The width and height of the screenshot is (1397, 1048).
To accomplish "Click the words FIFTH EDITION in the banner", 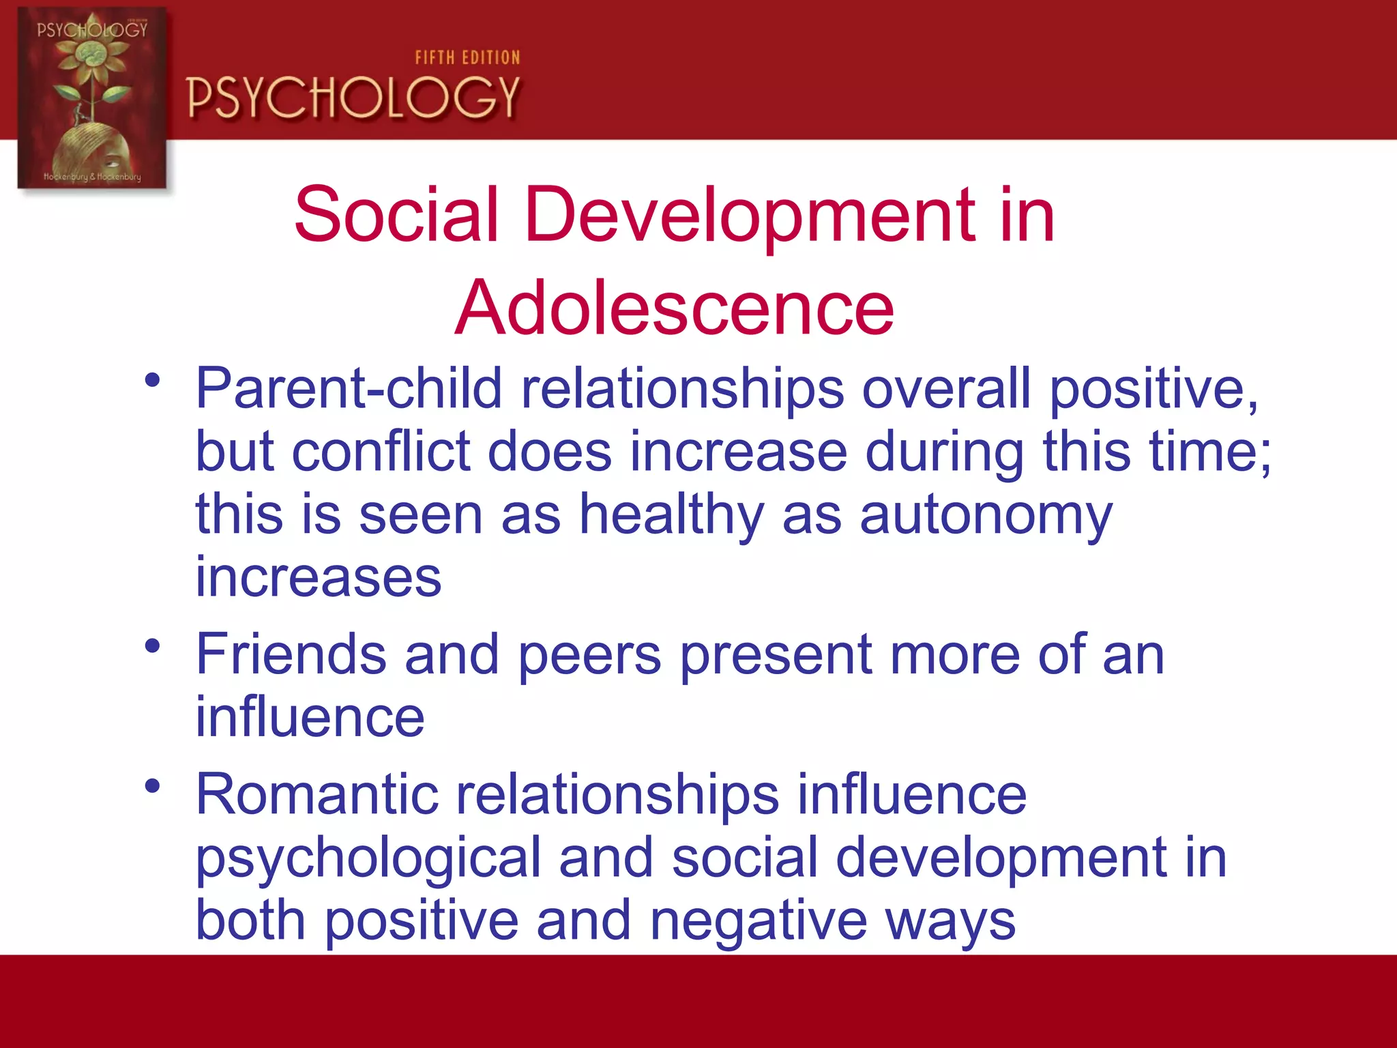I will [467, 58].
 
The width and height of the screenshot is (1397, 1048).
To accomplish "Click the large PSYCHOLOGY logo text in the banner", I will [353, 98].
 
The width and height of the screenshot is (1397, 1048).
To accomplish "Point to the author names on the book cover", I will [92, 177].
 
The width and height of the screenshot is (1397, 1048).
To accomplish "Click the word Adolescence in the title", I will [674, 308].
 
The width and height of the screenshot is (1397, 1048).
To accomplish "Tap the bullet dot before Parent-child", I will [152, 380].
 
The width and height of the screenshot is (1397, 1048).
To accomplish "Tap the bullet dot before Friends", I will [152, 645].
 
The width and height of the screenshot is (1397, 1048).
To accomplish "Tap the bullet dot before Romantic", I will [152, 786].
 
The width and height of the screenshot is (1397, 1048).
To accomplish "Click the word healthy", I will [671, 515].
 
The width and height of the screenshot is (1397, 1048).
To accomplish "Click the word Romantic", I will [317, 794].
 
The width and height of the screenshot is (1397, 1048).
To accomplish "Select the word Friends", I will [291, 654].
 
